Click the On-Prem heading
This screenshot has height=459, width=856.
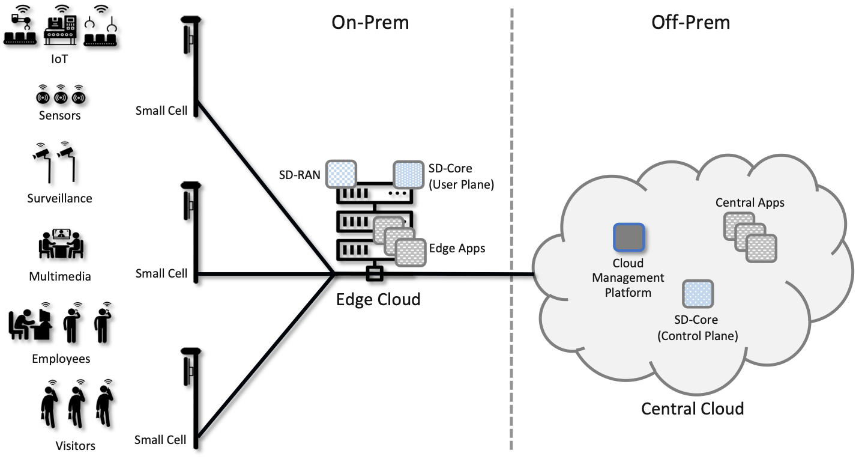coord(370,23)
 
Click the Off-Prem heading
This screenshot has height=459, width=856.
coord(690,23)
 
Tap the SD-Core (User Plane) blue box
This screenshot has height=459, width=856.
coord(409,174)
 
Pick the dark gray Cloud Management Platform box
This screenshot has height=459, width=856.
coord(628,237)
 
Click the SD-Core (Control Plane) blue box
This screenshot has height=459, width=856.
coord(698,295)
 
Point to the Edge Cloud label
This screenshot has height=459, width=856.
coord(378,299)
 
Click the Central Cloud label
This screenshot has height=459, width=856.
coord(693,409)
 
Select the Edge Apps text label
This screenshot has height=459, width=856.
coord(457,248)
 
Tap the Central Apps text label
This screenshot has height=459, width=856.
coord(750,202)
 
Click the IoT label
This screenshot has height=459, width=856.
coord(60,59)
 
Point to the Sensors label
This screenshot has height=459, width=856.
coord(59,115)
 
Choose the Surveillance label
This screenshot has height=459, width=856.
coord(59,198)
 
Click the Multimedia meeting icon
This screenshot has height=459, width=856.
coord(61,244)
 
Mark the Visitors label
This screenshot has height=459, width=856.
coord(75,446)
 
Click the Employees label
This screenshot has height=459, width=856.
coord(61,359)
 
